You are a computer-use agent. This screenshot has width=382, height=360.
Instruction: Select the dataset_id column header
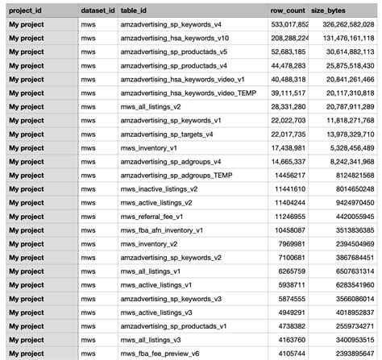coord(98,11)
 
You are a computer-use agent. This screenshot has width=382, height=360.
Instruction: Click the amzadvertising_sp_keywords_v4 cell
coord(172,25)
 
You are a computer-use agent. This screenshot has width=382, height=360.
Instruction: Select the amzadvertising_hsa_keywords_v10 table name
coord(174,39)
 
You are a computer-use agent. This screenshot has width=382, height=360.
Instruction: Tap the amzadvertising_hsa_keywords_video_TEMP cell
coord(183,93)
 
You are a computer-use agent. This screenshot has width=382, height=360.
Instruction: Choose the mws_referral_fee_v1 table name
coord(152,217)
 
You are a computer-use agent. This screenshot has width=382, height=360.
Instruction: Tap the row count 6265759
coord(292,271)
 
